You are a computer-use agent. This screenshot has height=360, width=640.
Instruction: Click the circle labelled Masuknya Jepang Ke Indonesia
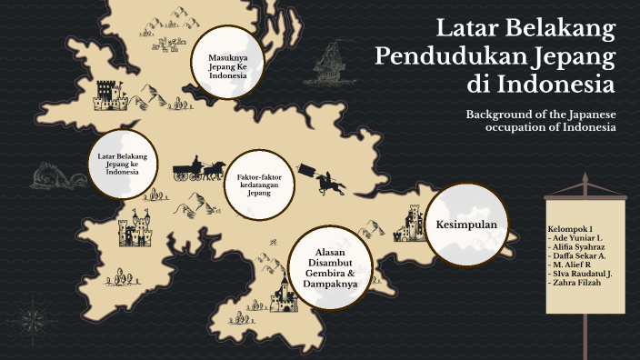click(x=228, y=65)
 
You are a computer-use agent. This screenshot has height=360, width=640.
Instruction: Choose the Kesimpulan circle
click(x=466, y=223)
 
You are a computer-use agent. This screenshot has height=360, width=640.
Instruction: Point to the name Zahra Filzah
click(x=582, y=284)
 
